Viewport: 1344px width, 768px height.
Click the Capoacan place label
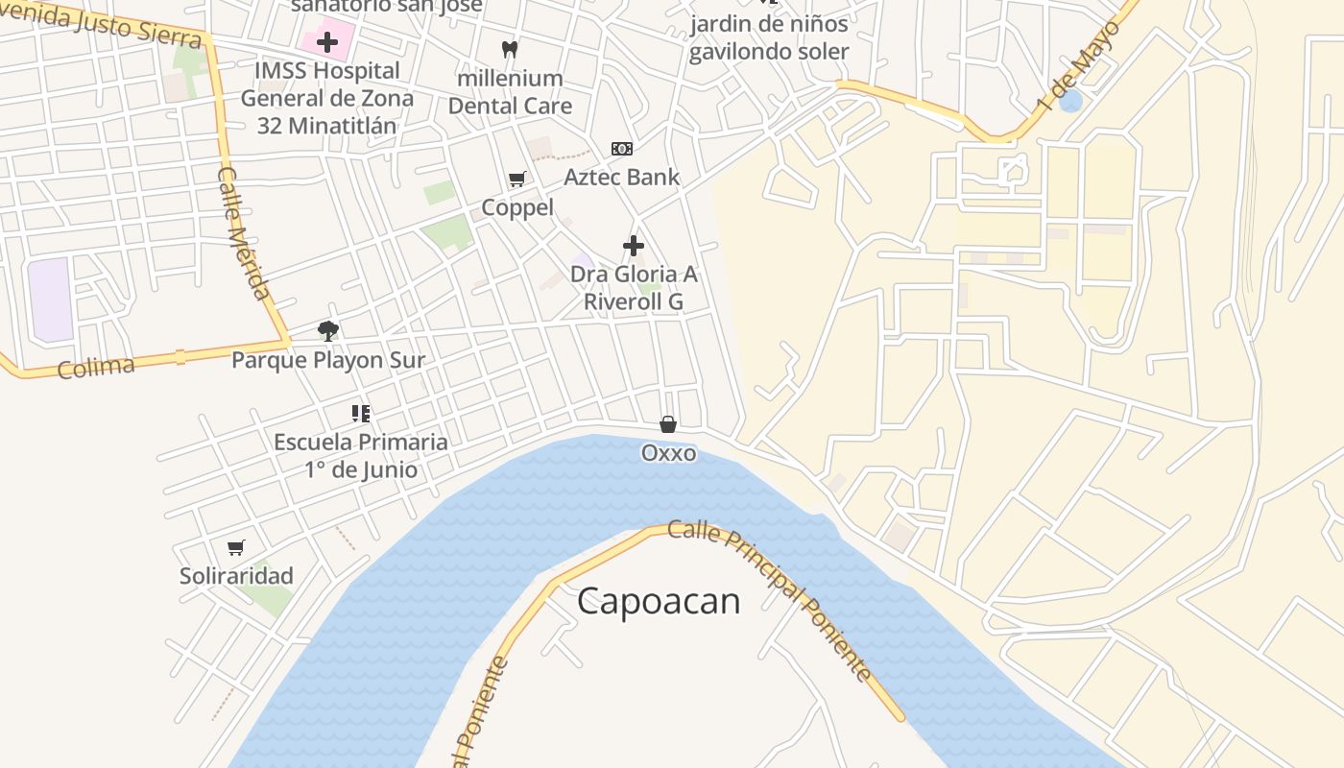pyautogui.click(x=659, y=602)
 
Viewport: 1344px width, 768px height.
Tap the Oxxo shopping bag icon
pyautogui.click(x=668, y=423)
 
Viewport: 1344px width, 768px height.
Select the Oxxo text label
pyautogui.click(x=668, y=452)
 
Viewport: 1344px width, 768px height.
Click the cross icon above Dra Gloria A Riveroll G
pyautogui.click(x=634, y=246)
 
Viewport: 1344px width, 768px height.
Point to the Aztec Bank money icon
pyautogui.click(x=622, y=149)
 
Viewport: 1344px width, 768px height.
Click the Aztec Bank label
pyautogui.click(x=621, y=177)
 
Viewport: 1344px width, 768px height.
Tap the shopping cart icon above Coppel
pyautogui.click(x=517, y=179)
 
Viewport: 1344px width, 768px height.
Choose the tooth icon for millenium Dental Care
pyautogui.click(x=510, y=49)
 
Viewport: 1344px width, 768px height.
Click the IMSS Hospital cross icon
pyautogui.click(x=327, y=42)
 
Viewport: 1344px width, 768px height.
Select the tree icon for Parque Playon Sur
pyautogui.click(x=328, y=331)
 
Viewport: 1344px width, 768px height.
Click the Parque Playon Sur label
pyautogui.click(x=328, y=360)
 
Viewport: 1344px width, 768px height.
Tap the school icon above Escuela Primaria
pyautogui.click(x=361, y=414)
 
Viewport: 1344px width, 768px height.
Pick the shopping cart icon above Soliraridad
pyautogui.click(x=236, y=547)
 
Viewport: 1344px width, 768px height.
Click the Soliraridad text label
pyautogui.click(x=236, y=576)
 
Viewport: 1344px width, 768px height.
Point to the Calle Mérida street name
pyautogui.click(x=246, y=233)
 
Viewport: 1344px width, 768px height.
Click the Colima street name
pyautogui.click(x=96, y=367)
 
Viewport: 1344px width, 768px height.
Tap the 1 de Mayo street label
pyautogui.click(x=1079, y=66)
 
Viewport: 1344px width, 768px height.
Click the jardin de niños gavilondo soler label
pyautogui.click(x=769, y=37)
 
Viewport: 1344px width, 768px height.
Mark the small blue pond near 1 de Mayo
pyautogui.click(x=1070, y=100)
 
